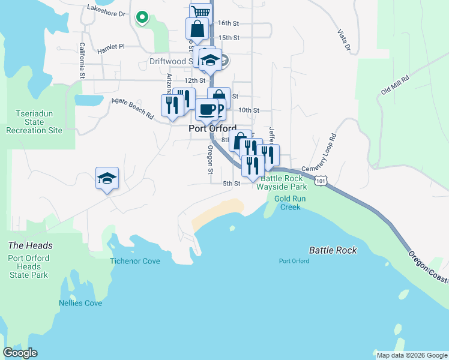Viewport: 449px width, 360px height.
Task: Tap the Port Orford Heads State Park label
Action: tap(29, 266)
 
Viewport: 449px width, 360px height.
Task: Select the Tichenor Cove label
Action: tap(135, 261)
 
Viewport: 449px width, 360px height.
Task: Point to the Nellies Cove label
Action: tap(80, 303)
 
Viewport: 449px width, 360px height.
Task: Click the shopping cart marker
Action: tap(200, 13)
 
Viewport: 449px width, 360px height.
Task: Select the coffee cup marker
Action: tap(208, 110)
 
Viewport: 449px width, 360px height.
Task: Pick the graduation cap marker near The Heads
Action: tap(107, 178)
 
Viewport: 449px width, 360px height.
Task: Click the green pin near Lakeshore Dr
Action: tap(142, 18)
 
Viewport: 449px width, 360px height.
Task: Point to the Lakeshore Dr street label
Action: tap(106, 10)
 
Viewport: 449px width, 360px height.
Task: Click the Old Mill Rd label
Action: tap(394, 86)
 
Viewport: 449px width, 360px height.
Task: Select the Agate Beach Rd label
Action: tap(133, 108)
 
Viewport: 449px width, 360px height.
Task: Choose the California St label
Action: tap(82, 60)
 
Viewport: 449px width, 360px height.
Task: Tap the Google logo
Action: tap(20, 353)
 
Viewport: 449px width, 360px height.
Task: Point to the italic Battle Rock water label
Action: tap(333, 250)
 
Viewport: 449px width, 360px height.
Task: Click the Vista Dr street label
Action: tap(343, 38)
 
